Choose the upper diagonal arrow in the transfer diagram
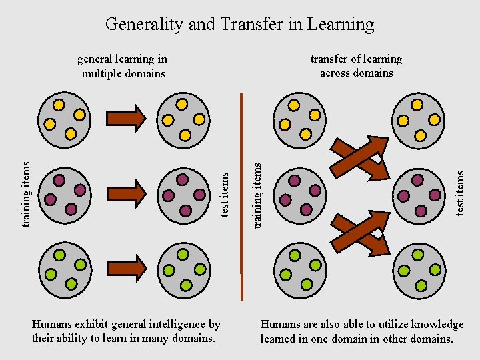360,158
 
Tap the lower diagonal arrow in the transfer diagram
360,233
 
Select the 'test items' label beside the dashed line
225,193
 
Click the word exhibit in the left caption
87,325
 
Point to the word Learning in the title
341,25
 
